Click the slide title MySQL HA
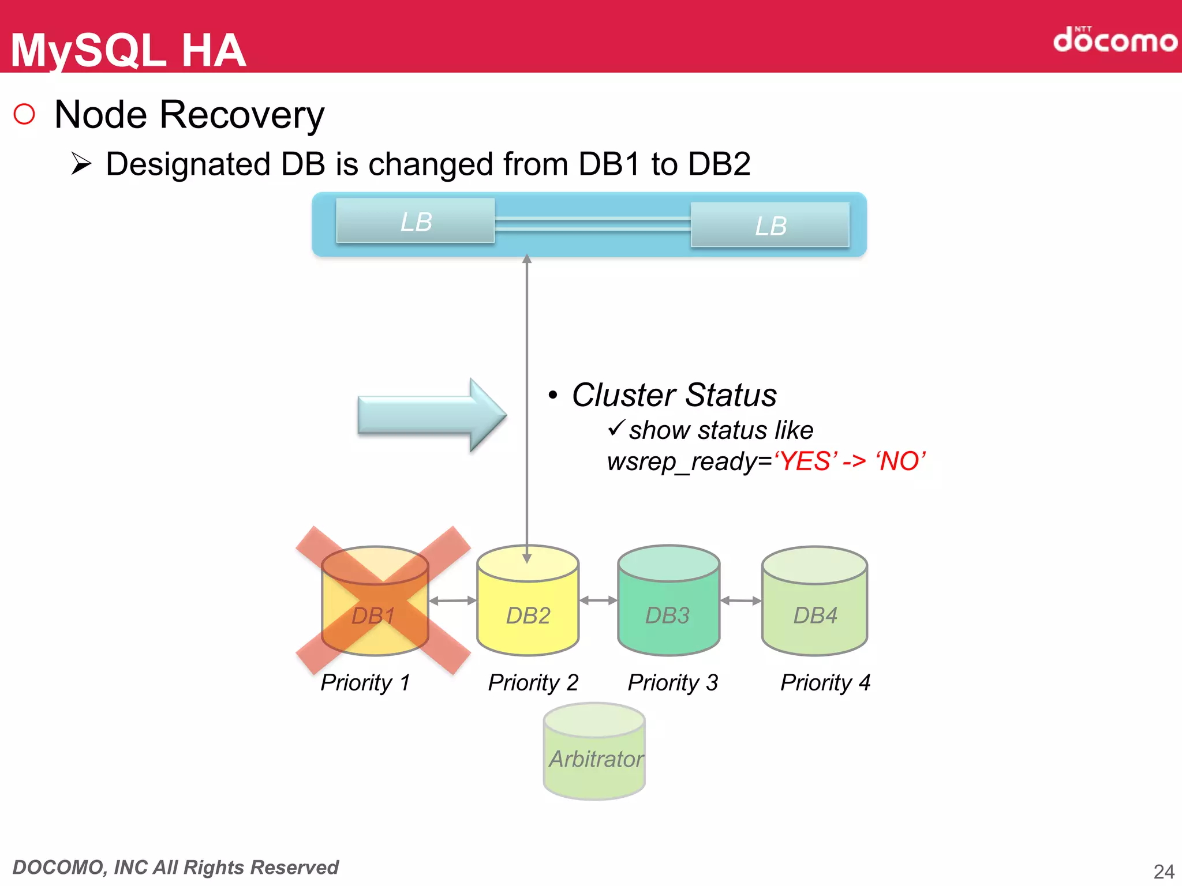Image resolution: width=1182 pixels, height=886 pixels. pyautogui.click(x=128, y=50)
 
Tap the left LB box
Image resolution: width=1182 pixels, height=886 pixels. pyautogui.click(x=416, y=221)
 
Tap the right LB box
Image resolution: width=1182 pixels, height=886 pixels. pyautogui.click(x=770, y=225)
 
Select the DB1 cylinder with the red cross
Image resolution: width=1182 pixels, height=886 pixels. pyautogui.click(x=375, y=603)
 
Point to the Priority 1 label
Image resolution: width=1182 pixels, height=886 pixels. pyautogui.click(x=365, y=682)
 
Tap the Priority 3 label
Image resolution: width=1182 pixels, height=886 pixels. pyautogui.click(x=672, y=682)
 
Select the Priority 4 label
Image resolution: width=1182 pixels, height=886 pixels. pyautogui.click(x=825, y=682)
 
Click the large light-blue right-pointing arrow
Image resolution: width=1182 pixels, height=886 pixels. pyautogui.click(x=430, y=414)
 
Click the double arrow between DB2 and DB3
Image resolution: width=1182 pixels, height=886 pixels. pyautogui.click(x=598, y=600)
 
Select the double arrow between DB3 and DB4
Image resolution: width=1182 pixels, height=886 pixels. pyautogui.click(x=740, y=600)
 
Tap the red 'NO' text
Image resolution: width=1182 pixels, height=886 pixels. pyautogui.click(x=900, y=461)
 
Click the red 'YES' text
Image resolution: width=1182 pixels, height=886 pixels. pyautogui.click(x=806, y=461)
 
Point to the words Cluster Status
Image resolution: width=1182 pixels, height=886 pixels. pyautogui.click(x=674, y=395)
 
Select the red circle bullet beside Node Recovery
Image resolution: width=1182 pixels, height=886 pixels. pyautogui.click(x=24, y=114)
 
